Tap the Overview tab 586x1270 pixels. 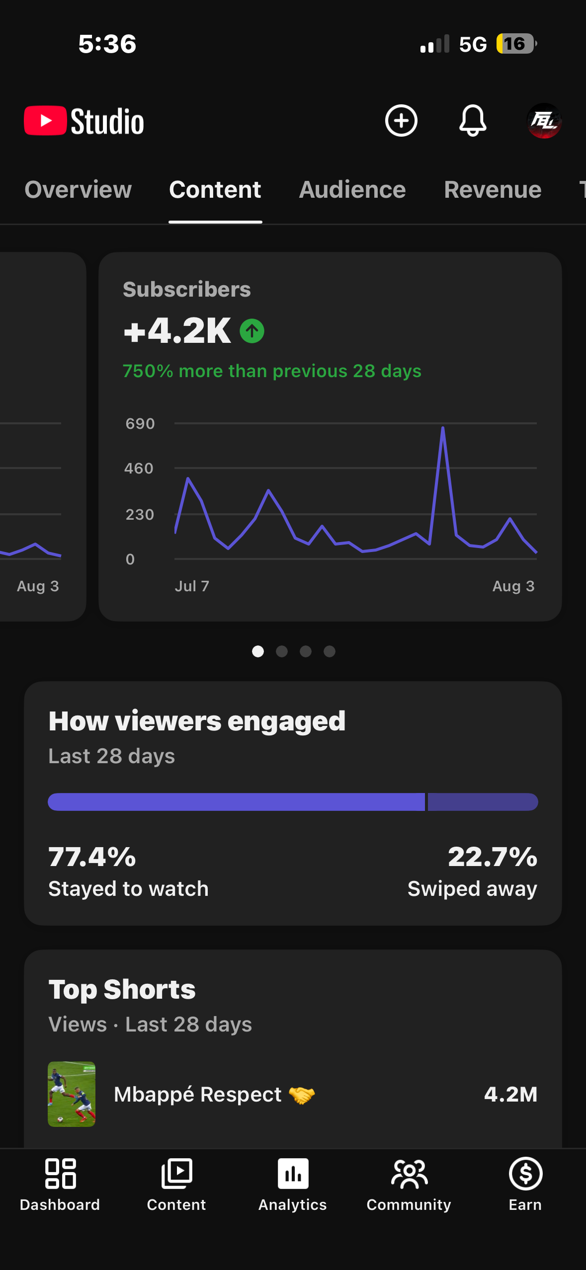78,190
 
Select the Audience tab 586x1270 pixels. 352,190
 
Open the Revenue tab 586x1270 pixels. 493,190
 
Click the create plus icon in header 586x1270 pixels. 401,121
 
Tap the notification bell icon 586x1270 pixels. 473,121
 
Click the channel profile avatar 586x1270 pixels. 544,121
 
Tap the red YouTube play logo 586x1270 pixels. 45,121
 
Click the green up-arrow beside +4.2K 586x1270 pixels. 252,331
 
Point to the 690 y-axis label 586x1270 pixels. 140,424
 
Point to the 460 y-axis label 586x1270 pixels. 139,469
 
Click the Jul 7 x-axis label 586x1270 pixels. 192,586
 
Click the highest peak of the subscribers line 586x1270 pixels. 442,427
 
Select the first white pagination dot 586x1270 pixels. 258,651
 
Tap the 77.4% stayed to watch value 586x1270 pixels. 92,857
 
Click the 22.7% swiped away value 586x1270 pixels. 493,857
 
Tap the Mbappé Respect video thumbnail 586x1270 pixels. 72,1094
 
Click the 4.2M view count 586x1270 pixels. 511,1094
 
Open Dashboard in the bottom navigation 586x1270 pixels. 60,1185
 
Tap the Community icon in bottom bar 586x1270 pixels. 409,1174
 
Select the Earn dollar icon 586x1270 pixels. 525,1174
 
